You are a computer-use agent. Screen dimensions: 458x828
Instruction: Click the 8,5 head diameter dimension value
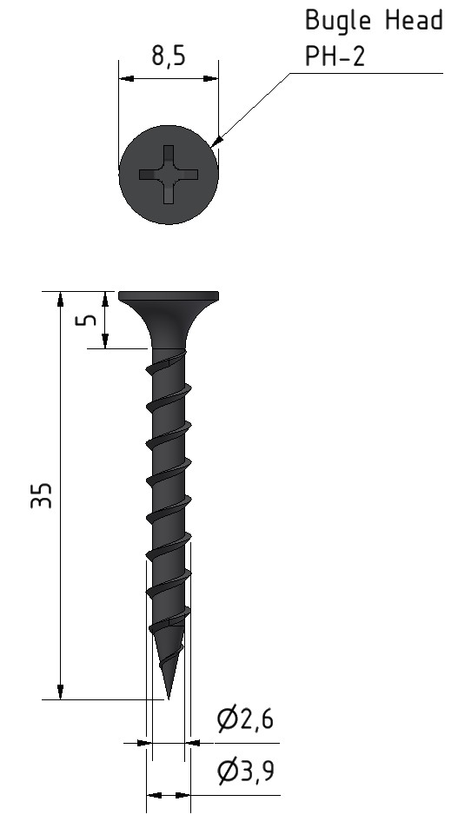coord(169,56)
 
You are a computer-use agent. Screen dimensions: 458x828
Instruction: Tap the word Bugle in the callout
coord(339,21)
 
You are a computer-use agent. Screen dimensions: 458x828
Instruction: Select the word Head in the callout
coord(414,20)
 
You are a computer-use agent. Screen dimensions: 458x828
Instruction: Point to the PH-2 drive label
coord(335,56)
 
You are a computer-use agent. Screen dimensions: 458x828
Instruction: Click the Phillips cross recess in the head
coord(169,175)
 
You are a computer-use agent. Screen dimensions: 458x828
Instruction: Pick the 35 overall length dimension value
coord(41,495)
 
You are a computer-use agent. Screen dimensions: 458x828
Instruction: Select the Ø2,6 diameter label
coord(245,719)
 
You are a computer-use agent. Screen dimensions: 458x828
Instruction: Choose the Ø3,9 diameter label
coord(246,772)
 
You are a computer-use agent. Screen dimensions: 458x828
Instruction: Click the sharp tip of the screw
coord(169,699)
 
